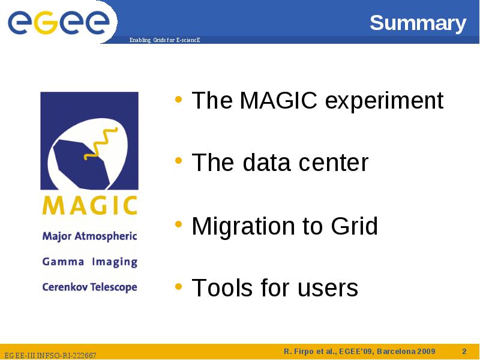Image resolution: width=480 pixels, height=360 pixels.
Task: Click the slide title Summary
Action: pyautogui.click(x=418, y=23)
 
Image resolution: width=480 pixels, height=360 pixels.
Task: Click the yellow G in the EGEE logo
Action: pyautogui.click(x=46, y=22)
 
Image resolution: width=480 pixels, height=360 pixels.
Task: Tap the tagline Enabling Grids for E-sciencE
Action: pyautogui.click(x=164, y=40)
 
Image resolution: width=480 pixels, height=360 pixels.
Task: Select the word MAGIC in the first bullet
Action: pyautogui.click(x=278, y=100)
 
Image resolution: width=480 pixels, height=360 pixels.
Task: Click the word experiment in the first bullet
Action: pyautogui.click(x=384, y=101)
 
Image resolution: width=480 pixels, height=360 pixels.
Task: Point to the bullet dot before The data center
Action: pyautogui.click(x=178, y=160)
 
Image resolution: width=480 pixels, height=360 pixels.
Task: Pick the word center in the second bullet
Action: pyautogui.click(x=334, y=163)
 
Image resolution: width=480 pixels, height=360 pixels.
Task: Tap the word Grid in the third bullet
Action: pyautogui.click(x=355, y=226)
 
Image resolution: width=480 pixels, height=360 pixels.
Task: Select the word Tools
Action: pyautogui.click(x=223, y=288)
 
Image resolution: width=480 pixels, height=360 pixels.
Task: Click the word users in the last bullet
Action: pyautogui.click(x=328, y=290)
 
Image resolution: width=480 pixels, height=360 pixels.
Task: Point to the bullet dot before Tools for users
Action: pyautogui.click(x=178, y=287)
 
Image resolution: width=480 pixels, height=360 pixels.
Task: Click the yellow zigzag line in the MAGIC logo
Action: pyautogui.click(x=100, y=143)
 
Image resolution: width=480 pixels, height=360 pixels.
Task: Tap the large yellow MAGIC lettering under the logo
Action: pyautogui.click(x=89, y=205)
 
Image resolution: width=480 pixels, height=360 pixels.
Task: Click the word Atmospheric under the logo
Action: pyautogui.click(x=106, y=236)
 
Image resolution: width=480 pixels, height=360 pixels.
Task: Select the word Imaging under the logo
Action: pyautogui.click(x=115, y=262)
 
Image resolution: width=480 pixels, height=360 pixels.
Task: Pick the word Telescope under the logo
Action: pyautogui.click(x=114, y=287)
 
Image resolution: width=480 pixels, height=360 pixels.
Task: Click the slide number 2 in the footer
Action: pyautogui.click(x=464, y=351)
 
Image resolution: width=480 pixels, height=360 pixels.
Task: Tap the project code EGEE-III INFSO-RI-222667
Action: pyautogui.click(x=50, y=355)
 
